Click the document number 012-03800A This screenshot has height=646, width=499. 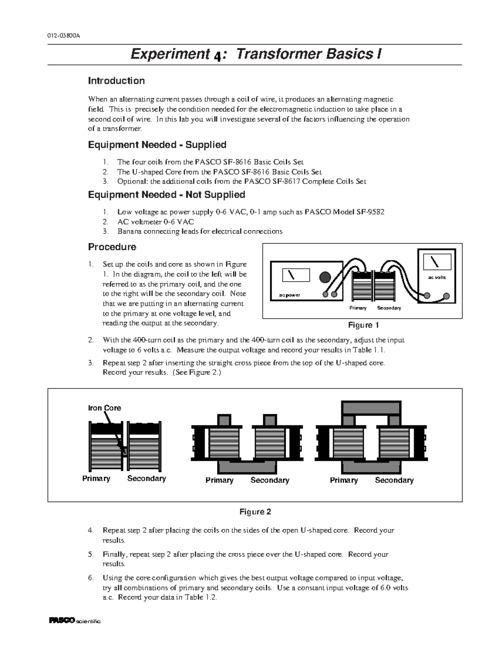click(63, 35)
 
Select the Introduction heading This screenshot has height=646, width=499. click(116, 81)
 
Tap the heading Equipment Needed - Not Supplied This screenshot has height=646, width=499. click(166, 195)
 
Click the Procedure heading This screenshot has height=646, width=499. click(112, 247)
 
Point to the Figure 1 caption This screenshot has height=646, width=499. click(363, 325)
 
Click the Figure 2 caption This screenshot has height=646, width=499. click(255, 512)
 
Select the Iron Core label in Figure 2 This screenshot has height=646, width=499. click(104, 408)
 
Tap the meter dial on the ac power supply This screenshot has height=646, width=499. click(296, 275)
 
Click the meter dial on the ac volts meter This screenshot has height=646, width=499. click(437, 262)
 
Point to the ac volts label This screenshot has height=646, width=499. click(437, 277)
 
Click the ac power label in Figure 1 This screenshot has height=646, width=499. click(289, 295)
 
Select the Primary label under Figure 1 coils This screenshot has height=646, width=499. click(358, 308)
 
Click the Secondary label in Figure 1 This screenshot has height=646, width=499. click(389, 308)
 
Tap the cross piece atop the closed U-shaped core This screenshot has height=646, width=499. click(371, 408)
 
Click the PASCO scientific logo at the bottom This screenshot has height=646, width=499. click(75, 621)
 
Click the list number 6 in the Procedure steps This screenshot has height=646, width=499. click(91, 578)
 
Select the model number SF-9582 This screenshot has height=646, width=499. click(370, 212)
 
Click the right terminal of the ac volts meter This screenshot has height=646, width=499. click(446, 296)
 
